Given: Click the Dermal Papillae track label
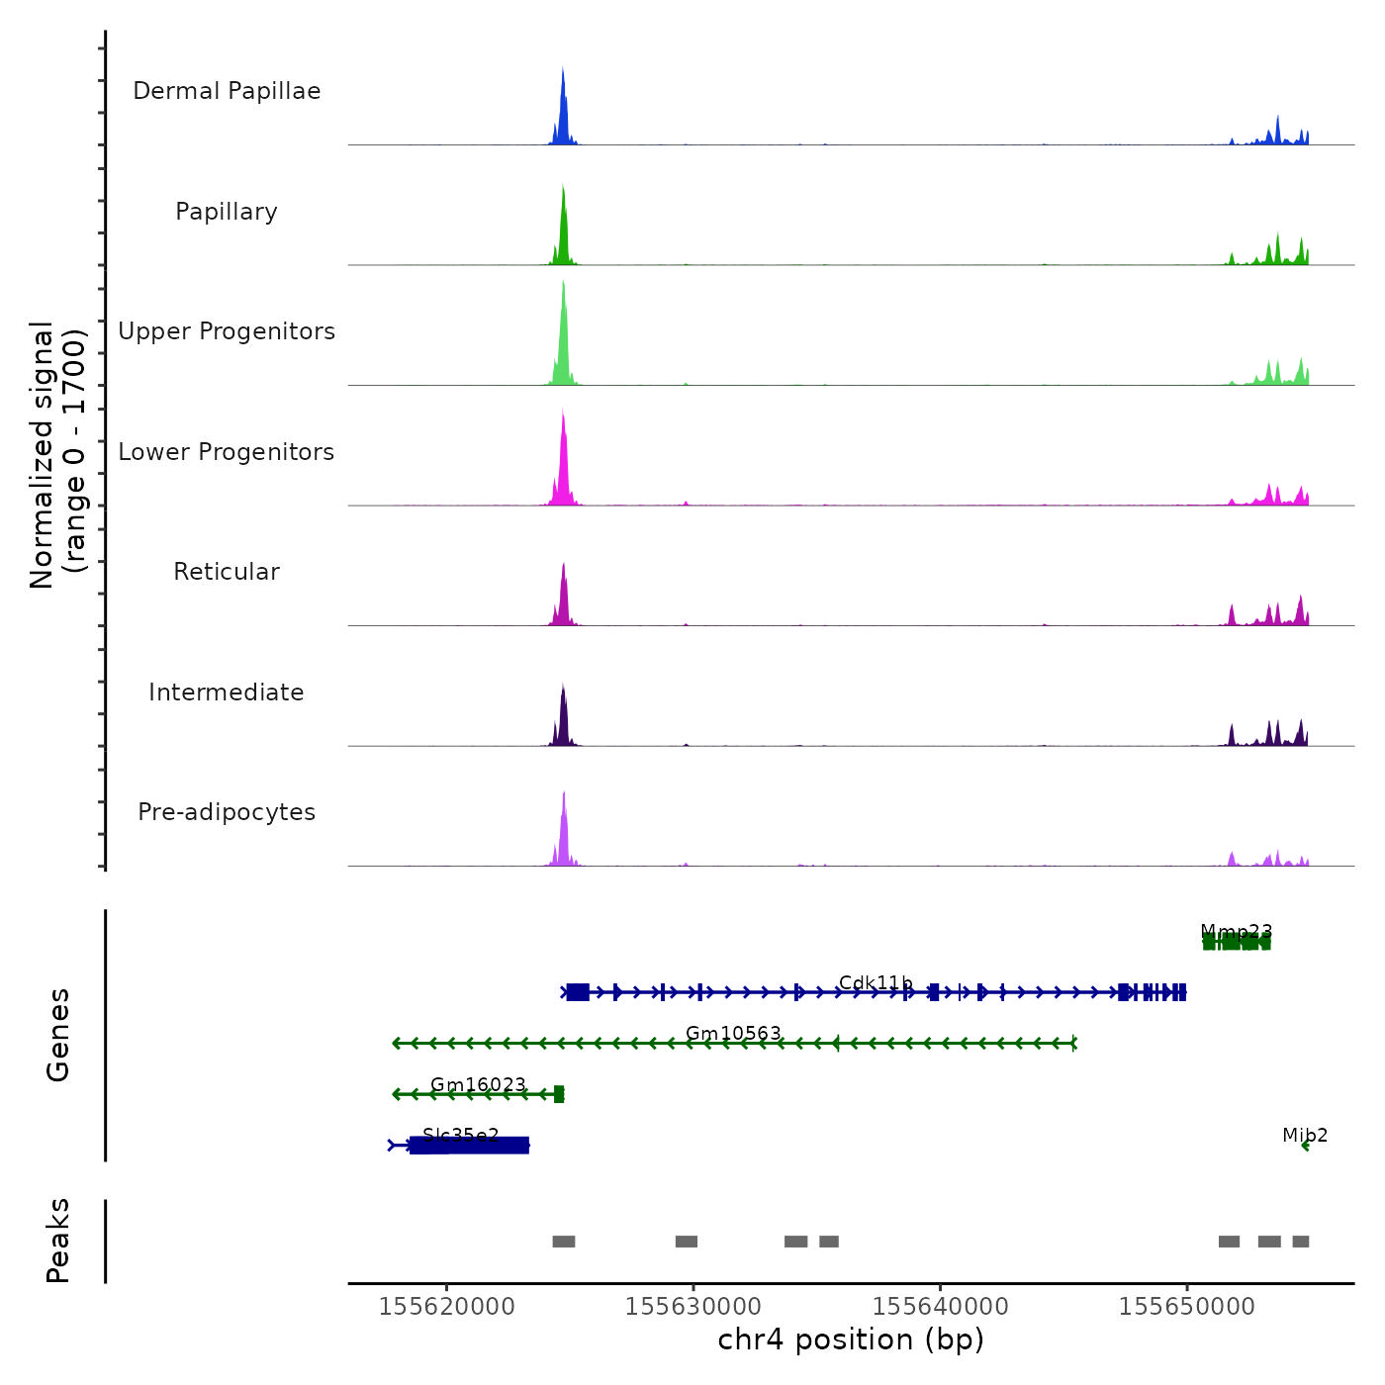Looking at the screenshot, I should [227, 91].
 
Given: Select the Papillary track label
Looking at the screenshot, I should [227, 212].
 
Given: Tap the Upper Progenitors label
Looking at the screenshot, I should [227, 331].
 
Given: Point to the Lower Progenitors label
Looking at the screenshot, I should [227, 452].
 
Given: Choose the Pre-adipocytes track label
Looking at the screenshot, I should [227, 812].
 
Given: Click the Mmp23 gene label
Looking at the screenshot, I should [1237, 931].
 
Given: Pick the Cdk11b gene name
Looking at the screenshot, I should [876, 982].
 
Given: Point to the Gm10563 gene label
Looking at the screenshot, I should [733, 1033].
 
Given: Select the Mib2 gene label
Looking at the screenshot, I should [1305, 1135].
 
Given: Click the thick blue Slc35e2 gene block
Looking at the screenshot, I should [470, 1146].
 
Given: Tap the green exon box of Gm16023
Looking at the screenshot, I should [559, 1094].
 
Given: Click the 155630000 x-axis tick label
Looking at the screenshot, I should [693, 1307].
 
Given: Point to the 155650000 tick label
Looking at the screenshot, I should [1186, 1307].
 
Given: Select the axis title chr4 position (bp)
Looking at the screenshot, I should [851, 1339].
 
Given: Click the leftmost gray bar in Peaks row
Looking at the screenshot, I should [564, 1242].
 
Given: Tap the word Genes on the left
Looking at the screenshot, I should [58, 1035].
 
